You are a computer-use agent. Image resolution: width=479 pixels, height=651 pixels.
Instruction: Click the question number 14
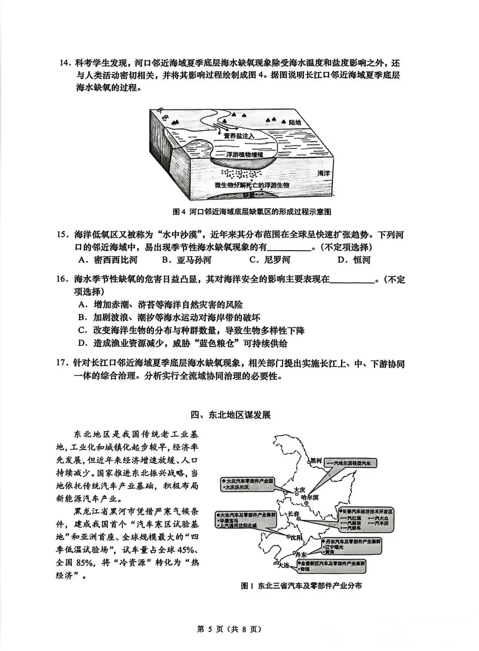pyautogui.click(x=65, y=63)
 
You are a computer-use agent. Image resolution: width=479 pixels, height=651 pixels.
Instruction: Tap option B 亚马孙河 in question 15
pyautogui.click(x=186, y=260)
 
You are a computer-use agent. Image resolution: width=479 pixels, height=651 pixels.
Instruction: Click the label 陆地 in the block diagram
pyautogui.click(x=294, y=122)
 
